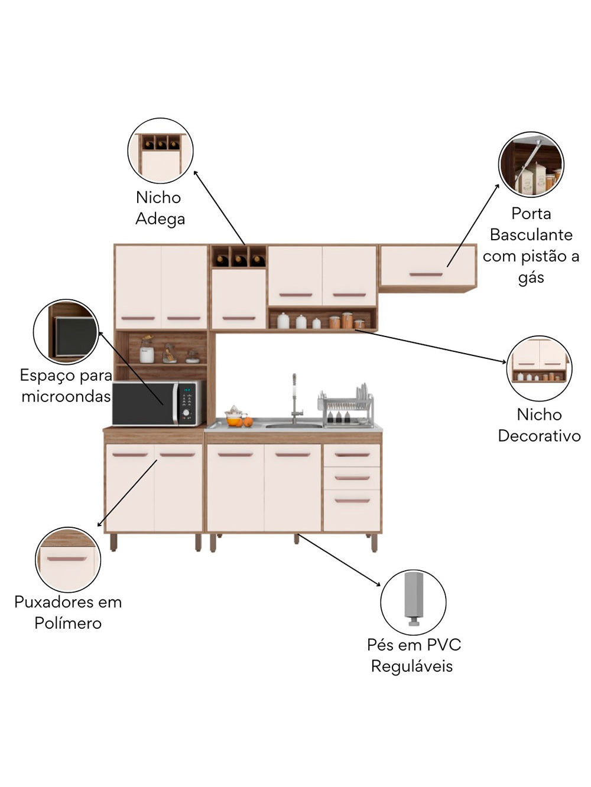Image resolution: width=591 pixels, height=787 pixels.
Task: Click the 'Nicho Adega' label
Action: tap(160, 208)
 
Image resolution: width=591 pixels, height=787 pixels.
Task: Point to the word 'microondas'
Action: tap(66, 396)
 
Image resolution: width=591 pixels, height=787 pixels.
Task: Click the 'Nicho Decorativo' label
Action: tap(539, 425)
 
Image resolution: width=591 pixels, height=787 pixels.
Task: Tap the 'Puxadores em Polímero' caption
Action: tap(68, 612)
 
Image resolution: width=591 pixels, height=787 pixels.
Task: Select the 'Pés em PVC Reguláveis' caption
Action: tap(413, 655)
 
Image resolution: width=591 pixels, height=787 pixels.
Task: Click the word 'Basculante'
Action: tap(531, 235)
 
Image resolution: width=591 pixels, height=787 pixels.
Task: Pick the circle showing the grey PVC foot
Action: tap(413, 602)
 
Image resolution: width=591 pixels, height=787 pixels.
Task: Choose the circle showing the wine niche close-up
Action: tap(160, 151)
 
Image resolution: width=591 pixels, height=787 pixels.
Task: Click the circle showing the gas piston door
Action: tap(531, 164)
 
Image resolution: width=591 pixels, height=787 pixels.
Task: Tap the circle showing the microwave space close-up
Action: tap(66, 332)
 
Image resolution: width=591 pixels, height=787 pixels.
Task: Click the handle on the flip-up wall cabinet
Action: tap(426, 275)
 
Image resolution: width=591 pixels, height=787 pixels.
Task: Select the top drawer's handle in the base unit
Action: tap(352, 455)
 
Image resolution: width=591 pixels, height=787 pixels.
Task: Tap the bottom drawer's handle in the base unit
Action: tap(352, 501)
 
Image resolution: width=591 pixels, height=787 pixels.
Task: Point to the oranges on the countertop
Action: tap(241, 422)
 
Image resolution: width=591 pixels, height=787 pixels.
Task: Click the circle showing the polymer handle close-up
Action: tap(68, 559)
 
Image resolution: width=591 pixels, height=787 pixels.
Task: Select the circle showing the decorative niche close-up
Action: tap(539, 368)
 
